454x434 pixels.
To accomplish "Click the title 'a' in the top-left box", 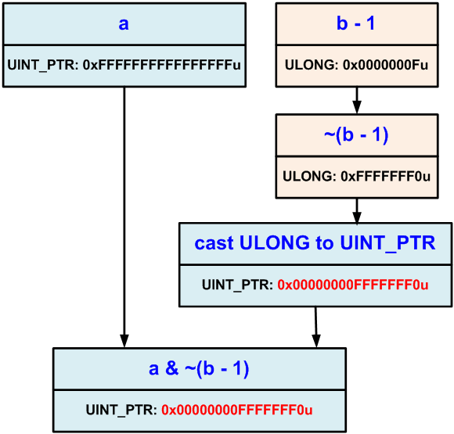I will click(x=124, y=23).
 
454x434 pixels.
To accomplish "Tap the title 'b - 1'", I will click(x=357, y=23).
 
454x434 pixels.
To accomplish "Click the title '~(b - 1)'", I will click(x=357, y=135).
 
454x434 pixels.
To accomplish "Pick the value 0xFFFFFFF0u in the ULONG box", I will click(x=386, y=177).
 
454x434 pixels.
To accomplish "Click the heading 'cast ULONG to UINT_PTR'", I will click(x=315, y=243).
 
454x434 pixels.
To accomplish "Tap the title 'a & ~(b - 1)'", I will click(x=199, y=368).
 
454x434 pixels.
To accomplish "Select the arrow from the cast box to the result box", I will click(x=315, y=325).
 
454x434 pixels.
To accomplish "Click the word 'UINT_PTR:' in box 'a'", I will click(x=38, y=66).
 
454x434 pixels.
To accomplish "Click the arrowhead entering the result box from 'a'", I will click(x=124, y=340).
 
